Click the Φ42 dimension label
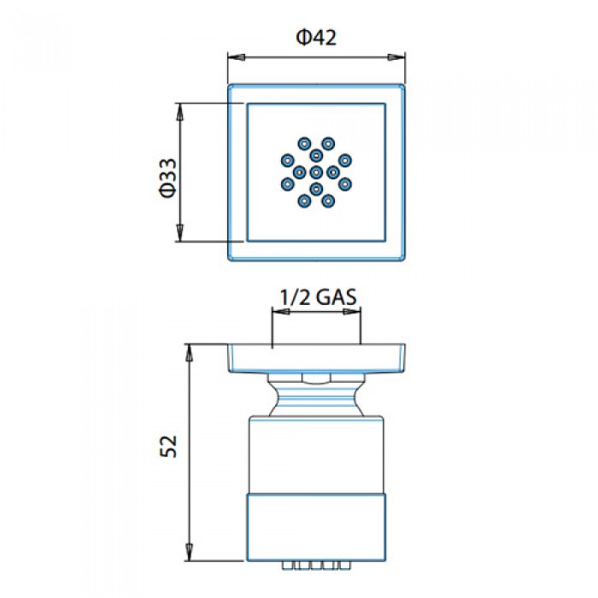point(316,38)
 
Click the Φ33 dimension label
point(168,178)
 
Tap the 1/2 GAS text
point(319,297)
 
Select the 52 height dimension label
point(168,446)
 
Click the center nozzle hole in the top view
point(316,173)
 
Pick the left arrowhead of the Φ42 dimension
point(237,57)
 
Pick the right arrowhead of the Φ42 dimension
point(396,57)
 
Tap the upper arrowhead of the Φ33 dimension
point(180,112)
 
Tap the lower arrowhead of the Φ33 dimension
point(180,232)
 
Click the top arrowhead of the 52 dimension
point(189,353)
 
